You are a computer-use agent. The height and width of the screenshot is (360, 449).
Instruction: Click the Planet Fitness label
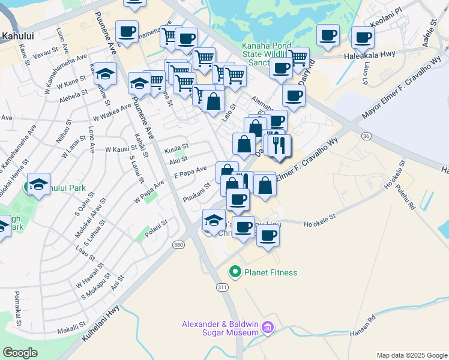tap(270, 272)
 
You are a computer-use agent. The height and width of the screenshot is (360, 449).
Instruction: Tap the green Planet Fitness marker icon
tap(235, 272)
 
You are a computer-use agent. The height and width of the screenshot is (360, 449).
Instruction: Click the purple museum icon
tap(268, 328)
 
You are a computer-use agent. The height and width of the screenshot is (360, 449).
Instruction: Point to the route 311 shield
tap(223, 287)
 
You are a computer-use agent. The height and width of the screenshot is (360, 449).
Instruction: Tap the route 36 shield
tap(366, 136)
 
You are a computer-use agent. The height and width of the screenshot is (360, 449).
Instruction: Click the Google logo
tap(20, 353)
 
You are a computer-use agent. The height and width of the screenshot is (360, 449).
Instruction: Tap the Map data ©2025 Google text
tap(411, 355)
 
